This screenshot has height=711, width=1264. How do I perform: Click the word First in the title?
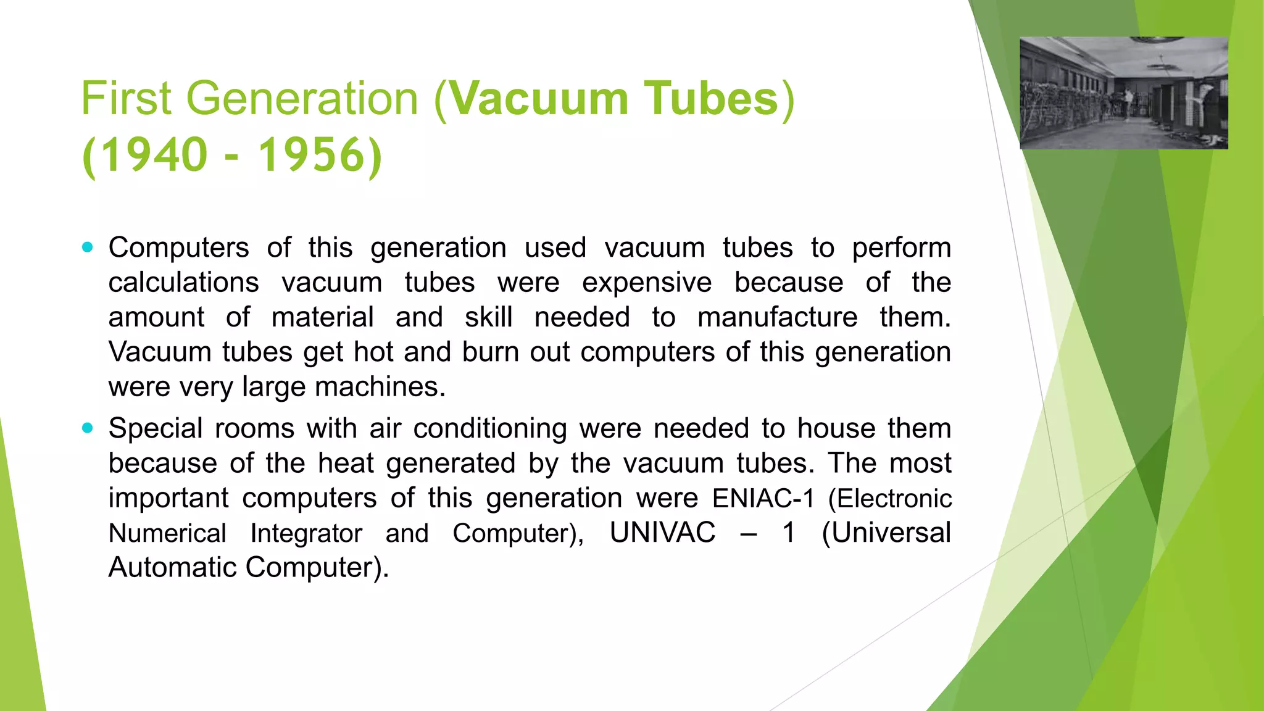pos(127,99)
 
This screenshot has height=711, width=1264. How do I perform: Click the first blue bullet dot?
pos(88,248)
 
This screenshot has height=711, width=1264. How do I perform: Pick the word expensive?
pos(647,283)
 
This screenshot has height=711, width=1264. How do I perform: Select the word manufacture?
pos(777,317)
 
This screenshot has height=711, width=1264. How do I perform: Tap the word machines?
pos(380,387)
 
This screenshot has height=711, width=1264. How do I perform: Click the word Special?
pos(156,428)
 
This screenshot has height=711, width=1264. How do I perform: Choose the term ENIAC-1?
pos(763,498)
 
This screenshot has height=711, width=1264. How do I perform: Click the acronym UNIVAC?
pos(662,533)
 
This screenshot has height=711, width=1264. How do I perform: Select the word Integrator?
pos(306,533)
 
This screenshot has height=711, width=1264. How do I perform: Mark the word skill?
pos(488,317)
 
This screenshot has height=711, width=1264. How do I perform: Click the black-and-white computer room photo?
pos(1123,93)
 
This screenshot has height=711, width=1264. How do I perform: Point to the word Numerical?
pos(167,533)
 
